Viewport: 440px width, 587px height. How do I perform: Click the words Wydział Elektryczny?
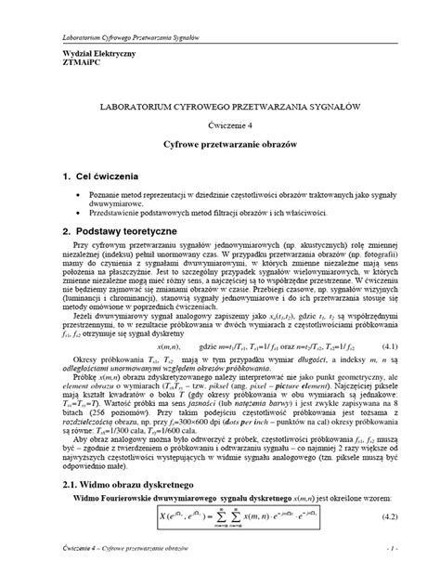tap(71, 55)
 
